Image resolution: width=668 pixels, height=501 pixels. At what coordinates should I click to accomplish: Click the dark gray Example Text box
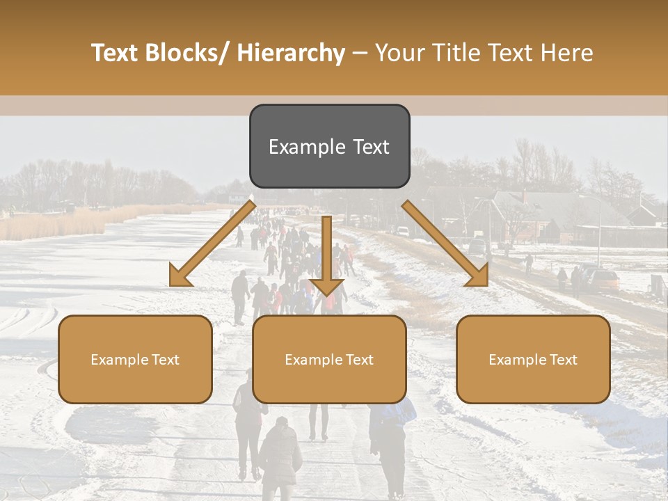329,146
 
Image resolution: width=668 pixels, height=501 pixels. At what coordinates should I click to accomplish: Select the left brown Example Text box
135,359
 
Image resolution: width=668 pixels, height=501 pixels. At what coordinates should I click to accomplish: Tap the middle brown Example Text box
329,359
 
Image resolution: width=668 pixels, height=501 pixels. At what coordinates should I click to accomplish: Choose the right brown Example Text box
533,359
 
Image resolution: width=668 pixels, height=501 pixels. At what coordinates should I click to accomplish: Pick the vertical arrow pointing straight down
326,254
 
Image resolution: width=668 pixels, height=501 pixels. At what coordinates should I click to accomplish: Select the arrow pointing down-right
445,244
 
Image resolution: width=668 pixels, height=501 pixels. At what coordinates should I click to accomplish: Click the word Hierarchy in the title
291,53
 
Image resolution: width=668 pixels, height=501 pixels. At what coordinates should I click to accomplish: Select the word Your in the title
399,53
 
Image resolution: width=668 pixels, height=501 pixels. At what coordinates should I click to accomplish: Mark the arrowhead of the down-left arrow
179,277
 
